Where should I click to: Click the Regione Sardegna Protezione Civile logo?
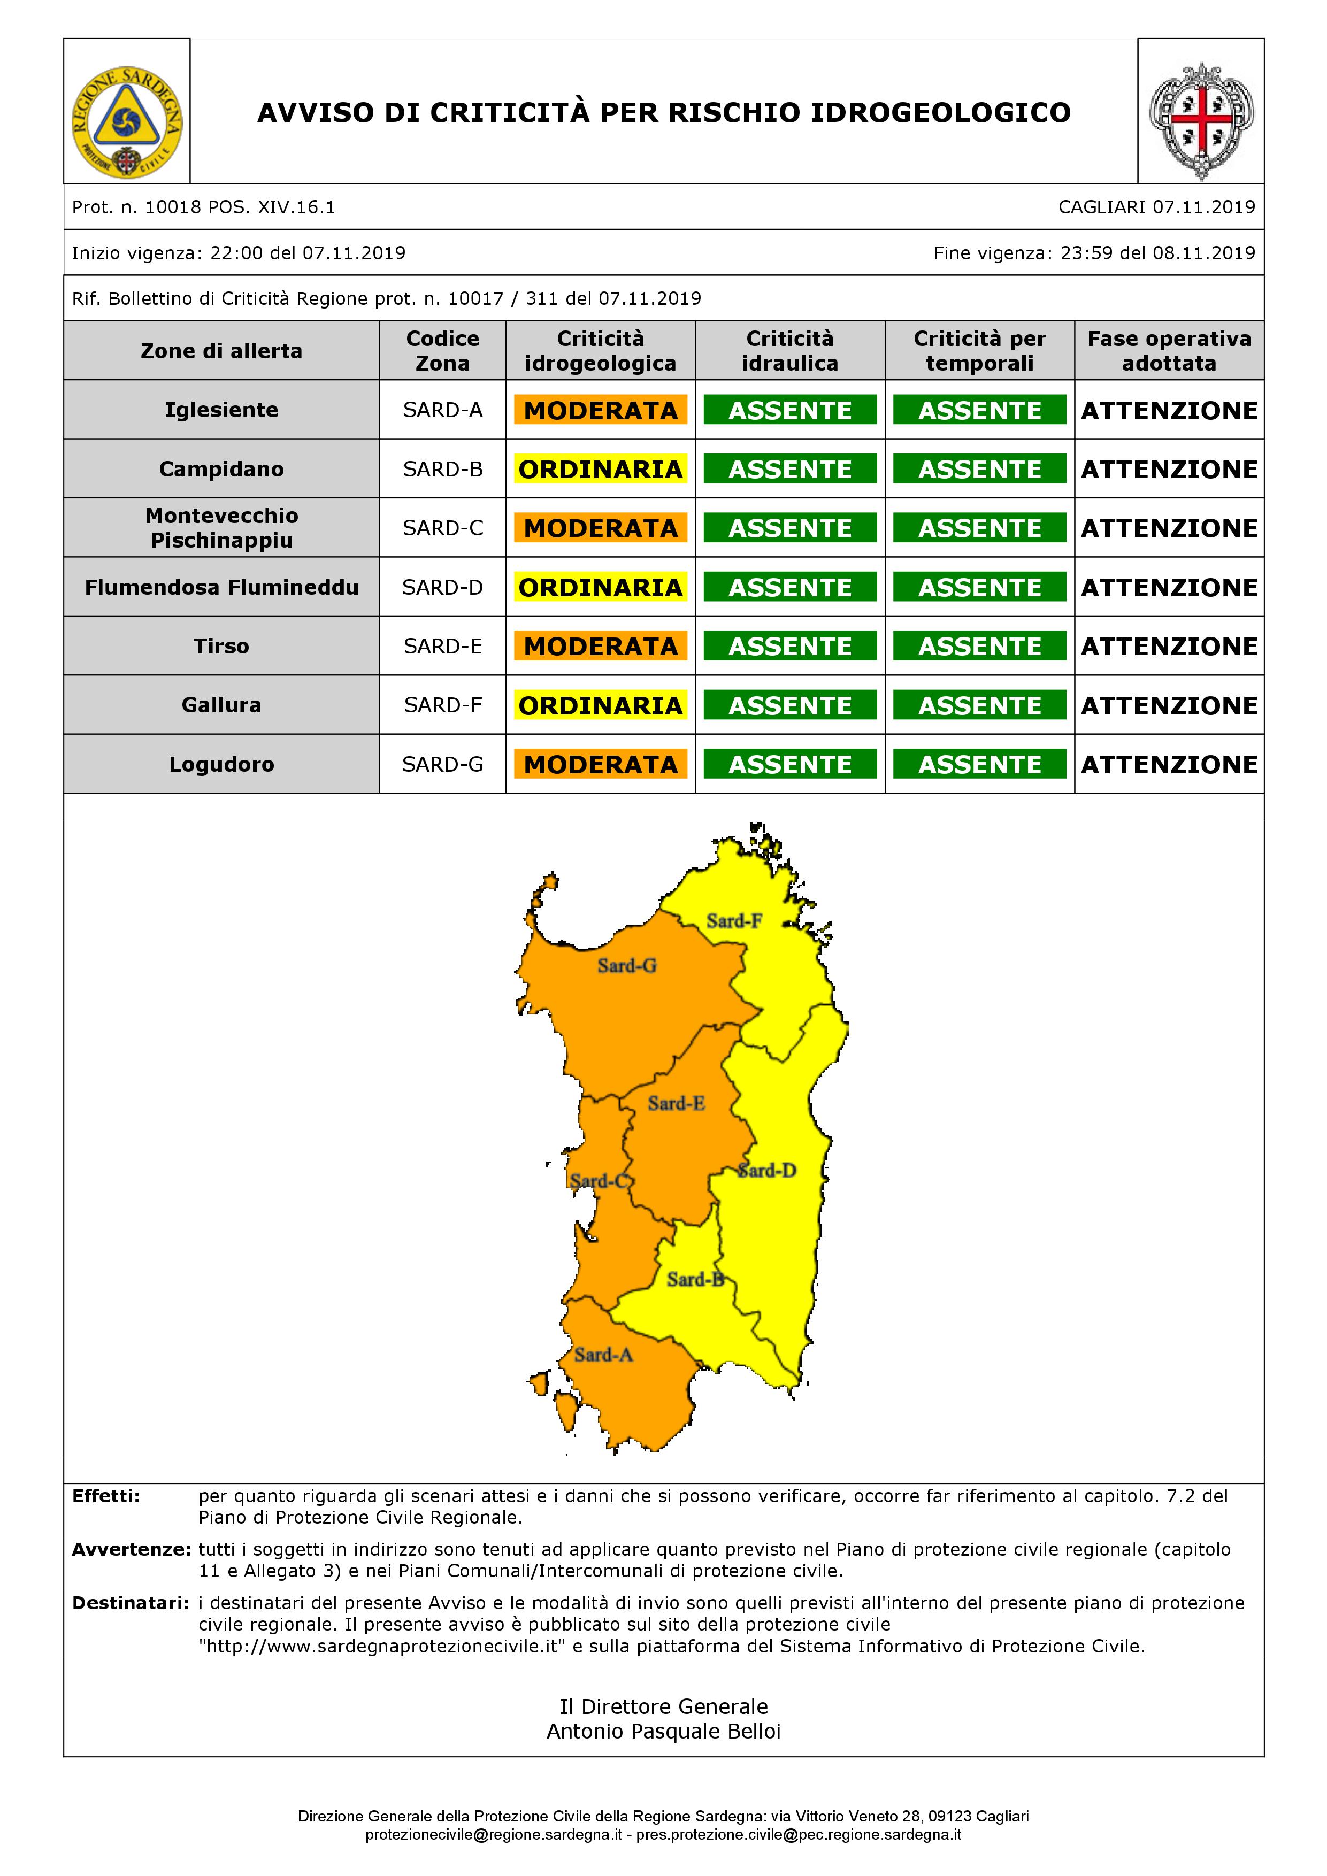[x=127, y=122]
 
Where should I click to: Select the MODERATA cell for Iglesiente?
[x=601, y=410]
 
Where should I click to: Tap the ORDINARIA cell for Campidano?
[x=601, y=469]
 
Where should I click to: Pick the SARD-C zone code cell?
[x=443, y=528]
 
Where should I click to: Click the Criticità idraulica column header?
[x=790, y=350]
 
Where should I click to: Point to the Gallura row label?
[x=221, y=705]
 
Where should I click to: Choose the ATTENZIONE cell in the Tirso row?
[x=1169, y=647]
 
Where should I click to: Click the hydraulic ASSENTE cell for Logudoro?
[x=790, y=764]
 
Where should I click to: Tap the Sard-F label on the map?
[x=734, y=921]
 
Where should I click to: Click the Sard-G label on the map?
[x=627, y=966]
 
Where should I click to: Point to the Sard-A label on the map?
[x=603, y=1355]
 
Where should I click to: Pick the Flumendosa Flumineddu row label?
[x=221, y=588]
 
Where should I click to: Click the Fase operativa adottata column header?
[x=1169, y=350]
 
